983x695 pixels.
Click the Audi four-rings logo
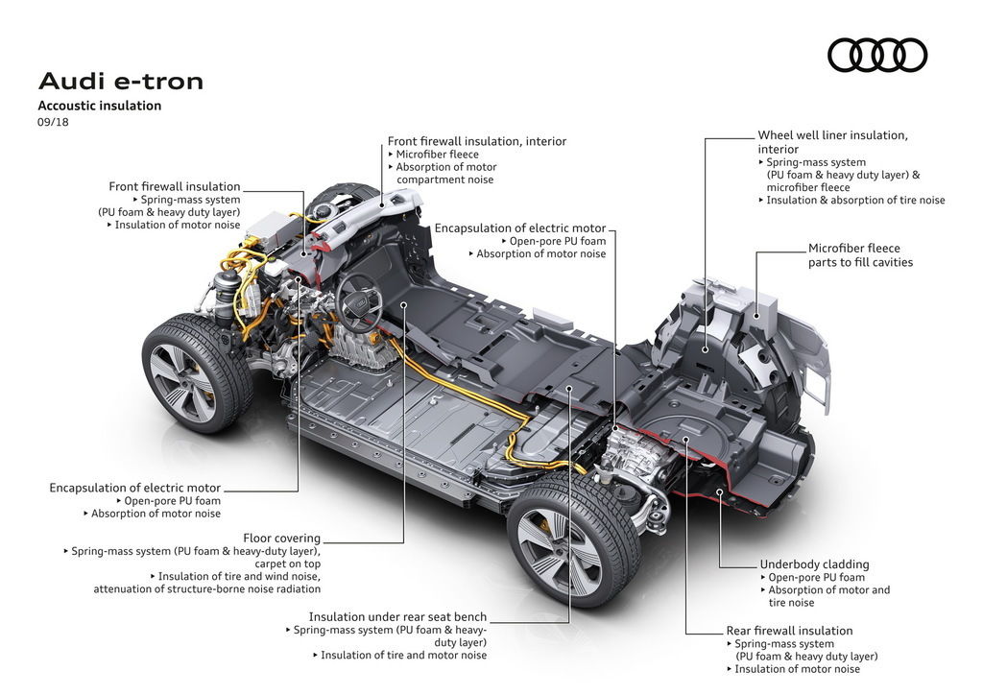coord(877,55)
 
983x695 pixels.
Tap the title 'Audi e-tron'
coord(121,81)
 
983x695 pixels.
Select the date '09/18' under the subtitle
coord(53,122)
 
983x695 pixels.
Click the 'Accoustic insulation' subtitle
coord(100,106)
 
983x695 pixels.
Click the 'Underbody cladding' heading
coord(814,564)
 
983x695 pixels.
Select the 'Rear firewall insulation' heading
coord(789,631)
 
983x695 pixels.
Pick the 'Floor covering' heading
coord(281,539)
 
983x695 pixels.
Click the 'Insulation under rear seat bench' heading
coord(397,617)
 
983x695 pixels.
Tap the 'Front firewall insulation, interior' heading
coord(477,141)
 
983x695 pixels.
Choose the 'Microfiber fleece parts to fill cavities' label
coord(860,255)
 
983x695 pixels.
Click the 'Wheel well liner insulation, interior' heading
coord(832,142)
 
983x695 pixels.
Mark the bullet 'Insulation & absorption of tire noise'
coord(855,201)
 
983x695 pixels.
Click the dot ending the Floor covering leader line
coord(404,303)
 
